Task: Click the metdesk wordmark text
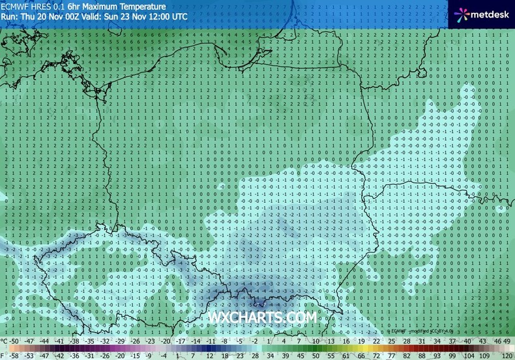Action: pos(488,13)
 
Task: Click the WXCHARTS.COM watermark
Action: pos(263,316)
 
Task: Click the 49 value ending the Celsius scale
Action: pos(507,341)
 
